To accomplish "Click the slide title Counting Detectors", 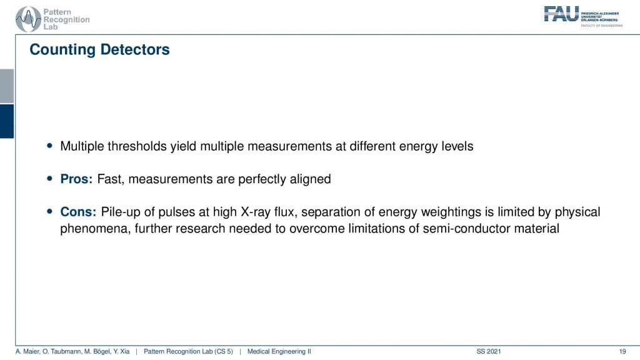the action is pyautogui.click(x=99, y=49).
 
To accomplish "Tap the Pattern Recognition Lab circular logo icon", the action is pyautogui.click(x=28, y=19).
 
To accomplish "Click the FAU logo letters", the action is pyautogui.click(x=562, y=14).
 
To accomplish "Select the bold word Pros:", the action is pyautogui.click(x=76, y=179).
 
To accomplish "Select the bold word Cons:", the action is pyautogui.click(x=78, y=212).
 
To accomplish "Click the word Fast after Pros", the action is pyautogui.click(x=110, y=179).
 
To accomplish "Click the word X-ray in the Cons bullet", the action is pyautogui.click(x=256, y=212).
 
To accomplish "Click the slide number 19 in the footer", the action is pyautogui.click(x=622, y=351).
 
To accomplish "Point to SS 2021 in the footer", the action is pyautogui.click(x=489, y=351).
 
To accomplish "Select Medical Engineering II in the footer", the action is pyautogui.click(x=279, y=351).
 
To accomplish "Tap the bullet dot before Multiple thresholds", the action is pyautogui.click(x=50, y=145).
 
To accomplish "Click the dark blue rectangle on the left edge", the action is pyautogui.click(x=7, y=121).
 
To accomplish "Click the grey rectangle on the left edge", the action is pyautogui.click(x=7, y=86).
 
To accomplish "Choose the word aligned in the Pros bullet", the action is pyautogui.click(x=310, y=179).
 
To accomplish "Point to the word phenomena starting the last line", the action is pyautogui.click(x=96, y=228).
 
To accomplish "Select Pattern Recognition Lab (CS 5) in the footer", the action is pyautogui.click(x=188, y=351).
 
